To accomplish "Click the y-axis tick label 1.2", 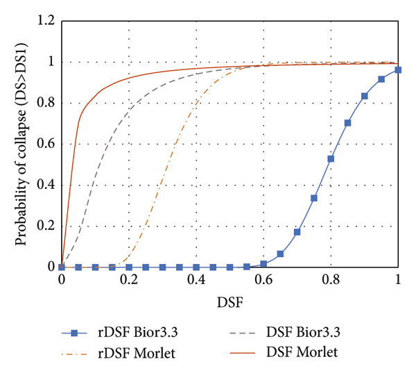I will (46, 22).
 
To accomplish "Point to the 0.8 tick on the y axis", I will (46, 103).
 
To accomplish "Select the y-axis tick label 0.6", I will (46, 144).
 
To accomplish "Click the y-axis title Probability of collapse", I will (23, 144).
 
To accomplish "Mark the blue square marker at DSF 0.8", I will (331, 159).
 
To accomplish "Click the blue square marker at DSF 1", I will (398, 70).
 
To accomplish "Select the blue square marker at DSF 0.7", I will (297, 232).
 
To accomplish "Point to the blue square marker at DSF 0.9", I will (365, 96).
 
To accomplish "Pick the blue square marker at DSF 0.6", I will (263, 264).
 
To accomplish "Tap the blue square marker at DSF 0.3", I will (163, 267).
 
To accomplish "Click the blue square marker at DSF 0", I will (62, 267).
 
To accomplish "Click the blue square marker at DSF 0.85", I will (347, 123).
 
